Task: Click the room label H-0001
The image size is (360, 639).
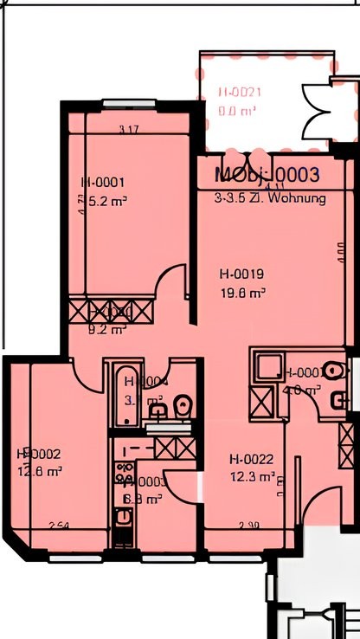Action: click(103, 183)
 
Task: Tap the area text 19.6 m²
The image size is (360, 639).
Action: click(242, 294)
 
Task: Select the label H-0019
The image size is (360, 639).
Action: click(242, 275)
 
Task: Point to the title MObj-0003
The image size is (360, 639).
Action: click(267, 176)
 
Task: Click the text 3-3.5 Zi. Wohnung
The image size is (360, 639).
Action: click(270, 198)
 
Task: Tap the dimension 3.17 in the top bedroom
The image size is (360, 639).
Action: click(129, 130)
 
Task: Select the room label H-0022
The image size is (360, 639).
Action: click(252, 459)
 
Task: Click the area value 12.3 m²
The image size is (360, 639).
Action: click(253, 476)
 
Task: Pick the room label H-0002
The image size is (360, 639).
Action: click(39, 454)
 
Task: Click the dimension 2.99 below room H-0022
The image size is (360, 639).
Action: click(249, 525)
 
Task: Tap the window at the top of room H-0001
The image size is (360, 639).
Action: click(129, 105)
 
